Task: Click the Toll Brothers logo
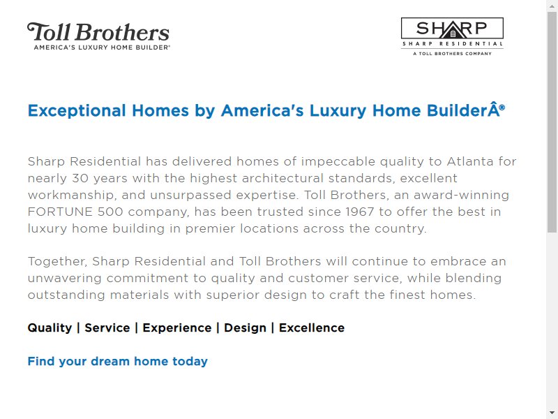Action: click(x=98, y=36)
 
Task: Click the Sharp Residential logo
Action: click(x=452, y=37)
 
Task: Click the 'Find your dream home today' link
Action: click(x=117, y=361)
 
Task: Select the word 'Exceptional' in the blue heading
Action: click(x=77, y=111)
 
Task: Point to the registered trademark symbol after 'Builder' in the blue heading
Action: click(x=502, y=107)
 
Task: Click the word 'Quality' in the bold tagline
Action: click(x=50, y=328)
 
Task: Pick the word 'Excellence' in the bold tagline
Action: click(x=312, y=328)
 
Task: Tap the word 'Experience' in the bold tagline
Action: click(x=177, y=328)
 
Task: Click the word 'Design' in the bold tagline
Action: click(x=246, y=328)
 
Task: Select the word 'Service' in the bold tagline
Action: click(x=107, y=328)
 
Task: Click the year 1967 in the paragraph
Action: click(x=360, y=212)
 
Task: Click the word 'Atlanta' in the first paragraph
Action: click(x=470, y=161)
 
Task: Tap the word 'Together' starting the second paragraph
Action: click(x=58, y=261)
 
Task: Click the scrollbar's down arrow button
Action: click(x=552, y=413)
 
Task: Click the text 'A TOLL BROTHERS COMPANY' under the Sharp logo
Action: click(x=452, y=54)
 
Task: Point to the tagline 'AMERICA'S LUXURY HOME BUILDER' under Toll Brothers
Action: click(x=102, y=47)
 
